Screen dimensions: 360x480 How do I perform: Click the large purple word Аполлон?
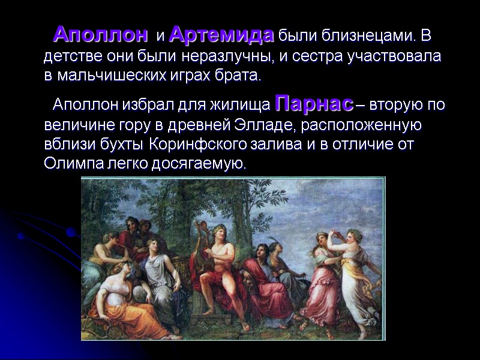[x=100, y=35]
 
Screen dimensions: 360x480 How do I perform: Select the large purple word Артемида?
[x=221, y=35]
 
